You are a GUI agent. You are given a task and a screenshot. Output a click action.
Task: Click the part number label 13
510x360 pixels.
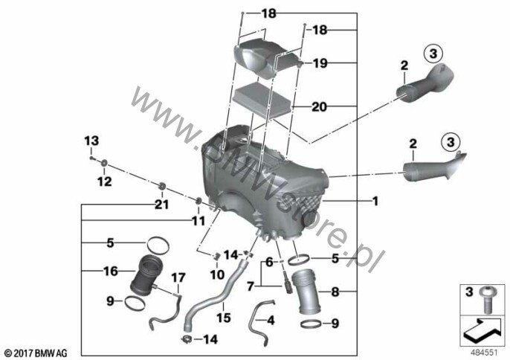coord(91,141)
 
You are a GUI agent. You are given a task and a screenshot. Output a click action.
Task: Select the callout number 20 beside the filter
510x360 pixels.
coord(319,106)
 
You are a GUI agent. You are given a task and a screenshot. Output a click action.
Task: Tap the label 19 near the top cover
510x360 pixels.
coord(320,63)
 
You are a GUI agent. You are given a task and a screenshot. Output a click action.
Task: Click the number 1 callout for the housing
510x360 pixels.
coord(375,201)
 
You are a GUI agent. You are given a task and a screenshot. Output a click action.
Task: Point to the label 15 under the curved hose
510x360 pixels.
coord(224,318)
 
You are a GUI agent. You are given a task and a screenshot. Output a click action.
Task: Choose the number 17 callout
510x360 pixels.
coord(178,277)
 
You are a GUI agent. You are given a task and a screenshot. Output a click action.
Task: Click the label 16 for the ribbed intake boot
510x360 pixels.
coord(111,271)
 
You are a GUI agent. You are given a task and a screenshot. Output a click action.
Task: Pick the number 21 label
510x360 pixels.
coord(161,205)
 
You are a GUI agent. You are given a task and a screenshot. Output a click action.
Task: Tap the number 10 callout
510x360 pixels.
coord(217,274)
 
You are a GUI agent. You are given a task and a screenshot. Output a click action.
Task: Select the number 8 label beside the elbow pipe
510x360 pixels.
coord(335,292)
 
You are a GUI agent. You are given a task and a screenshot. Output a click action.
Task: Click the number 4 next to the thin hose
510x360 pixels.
coord(271,321)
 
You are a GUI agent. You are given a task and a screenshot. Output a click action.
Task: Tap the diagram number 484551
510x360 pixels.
coord(485,353)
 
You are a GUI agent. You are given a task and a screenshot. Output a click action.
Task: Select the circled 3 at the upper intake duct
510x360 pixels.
coord(433,54)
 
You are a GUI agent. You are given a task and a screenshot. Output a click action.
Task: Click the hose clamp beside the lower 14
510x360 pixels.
coord(187,339)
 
